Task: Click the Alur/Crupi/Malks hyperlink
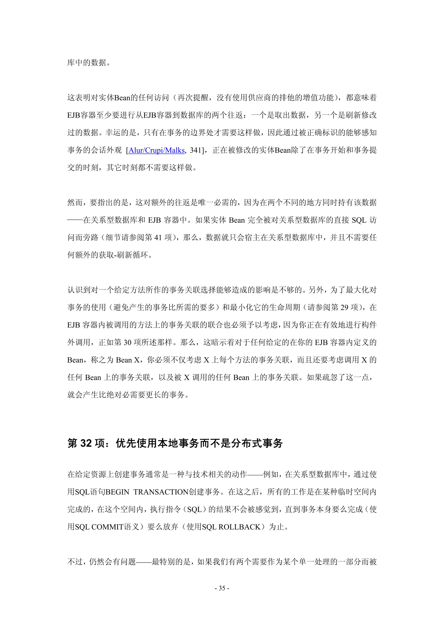157,150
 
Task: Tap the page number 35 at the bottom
222,588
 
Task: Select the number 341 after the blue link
195,150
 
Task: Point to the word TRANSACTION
161,492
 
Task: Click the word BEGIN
117,492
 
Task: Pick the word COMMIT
107,527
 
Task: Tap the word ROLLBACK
239,527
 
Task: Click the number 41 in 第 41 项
158,237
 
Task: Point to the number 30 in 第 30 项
127,342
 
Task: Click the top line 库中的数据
87,63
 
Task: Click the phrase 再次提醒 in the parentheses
193,97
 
